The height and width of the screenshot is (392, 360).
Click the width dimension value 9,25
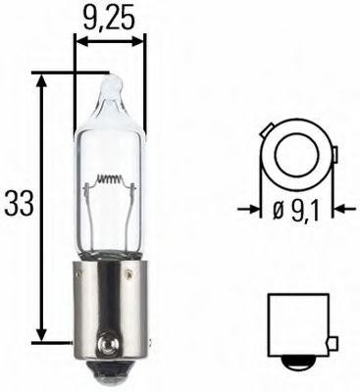click(110, 17)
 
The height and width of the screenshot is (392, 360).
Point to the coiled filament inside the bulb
click(111, 182)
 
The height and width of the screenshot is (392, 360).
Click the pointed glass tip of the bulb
click(110, 85)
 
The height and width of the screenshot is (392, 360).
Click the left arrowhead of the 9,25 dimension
click(80, 42)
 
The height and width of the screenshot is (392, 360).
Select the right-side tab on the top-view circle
click(333, 154)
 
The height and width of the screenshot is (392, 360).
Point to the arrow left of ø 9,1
click(247, 208)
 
